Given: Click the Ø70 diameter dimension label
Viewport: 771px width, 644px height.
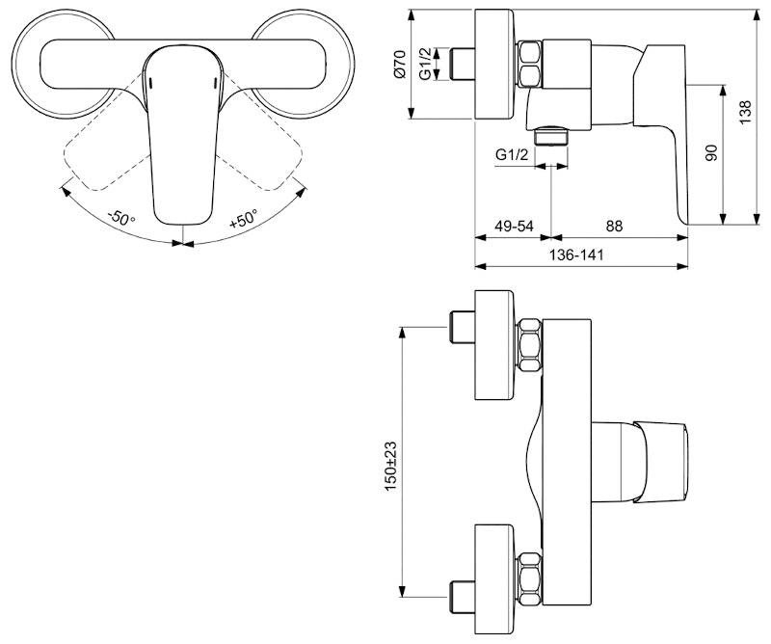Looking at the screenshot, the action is pyautogui.click(x=399, y=64).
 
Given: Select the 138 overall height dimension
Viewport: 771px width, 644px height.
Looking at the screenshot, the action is pyautogui.click(x=746, y=112).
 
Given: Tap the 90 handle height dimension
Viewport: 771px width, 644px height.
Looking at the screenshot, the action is pyautogui.click(x=711, y=152).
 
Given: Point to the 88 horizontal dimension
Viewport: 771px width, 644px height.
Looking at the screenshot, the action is pyautogui.click(x=614, y=226).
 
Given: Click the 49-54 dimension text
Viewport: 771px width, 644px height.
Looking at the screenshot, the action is pyautogui.click(x=514, y=226).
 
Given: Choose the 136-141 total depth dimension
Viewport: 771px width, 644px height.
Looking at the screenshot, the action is pyautogui.click(x=576, y=255).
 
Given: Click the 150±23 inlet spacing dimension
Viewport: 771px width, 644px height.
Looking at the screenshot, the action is pyautogui.click(x=390, y=466).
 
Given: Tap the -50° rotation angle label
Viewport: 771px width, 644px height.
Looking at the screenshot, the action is pyautogui.click(x=121, y=217).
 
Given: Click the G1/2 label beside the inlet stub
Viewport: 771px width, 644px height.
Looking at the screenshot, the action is pyautogui.click(x=425, y=64).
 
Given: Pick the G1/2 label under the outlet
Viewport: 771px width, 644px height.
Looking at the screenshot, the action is pyautogui.click(x=512, y=155).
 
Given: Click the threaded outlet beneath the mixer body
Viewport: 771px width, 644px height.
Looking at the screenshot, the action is pyautogui.click(x=550, y=136).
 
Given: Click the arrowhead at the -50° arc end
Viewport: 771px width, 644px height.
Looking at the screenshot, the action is pyautogui.click(x=65, y=191).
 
